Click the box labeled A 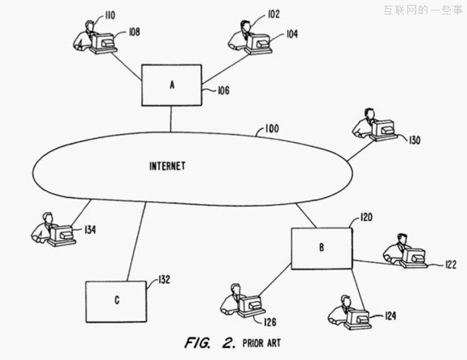click(x=172, y=86)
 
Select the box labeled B click(x=322, y=249)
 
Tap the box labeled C click(x=116, y=302)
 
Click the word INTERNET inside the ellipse click(x=168, y=166)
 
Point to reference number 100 click(x=272, y=128)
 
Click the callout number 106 click(x=223, y=90)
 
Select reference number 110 click(x=110, y=15)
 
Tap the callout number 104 click(x=292, y=34)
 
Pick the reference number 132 click(x=164, y=279)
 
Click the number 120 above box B click(x=366, y=217)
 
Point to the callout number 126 click(x=270, y=322)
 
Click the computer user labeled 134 click(x=53, y=229)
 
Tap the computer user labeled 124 click(x=350, y=312)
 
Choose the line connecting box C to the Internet click(x=136, y=241)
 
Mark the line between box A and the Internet click(x=171, y=119)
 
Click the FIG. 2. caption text click(x=210, y=343)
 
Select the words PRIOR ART click(x=262, y=343)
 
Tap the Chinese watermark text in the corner click(x=423, y=10)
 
